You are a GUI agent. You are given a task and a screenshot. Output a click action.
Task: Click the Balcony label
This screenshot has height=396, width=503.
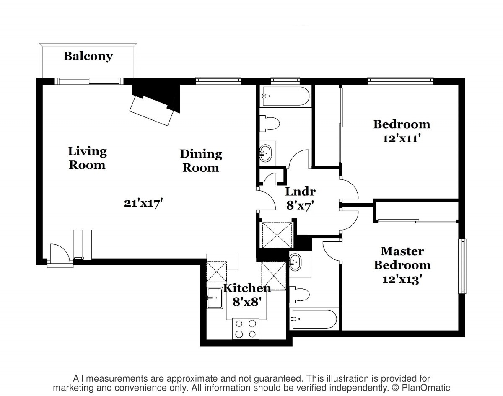click(88, 57)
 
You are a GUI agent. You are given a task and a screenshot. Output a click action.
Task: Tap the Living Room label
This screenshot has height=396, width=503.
click(87, 158)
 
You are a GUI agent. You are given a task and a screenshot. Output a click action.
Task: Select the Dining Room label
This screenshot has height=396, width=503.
click(201, 161)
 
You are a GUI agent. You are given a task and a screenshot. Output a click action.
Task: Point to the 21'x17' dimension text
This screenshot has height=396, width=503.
click(143, 203)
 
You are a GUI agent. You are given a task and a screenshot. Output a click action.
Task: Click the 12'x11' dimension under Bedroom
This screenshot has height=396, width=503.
click(402, 138)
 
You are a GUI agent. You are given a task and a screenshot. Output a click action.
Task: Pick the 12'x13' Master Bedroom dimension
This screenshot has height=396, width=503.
click(402, 279)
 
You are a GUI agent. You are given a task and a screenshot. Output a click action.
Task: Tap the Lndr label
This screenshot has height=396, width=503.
click(301, 192)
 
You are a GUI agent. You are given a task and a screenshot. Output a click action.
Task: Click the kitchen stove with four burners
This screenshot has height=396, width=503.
click(246, 329)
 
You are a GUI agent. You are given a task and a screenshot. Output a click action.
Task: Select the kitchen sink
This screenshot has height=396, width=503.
click(215, 298)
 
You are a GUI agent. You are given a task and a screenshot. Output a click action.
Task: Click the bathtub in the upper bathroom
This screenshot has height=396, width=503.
click(286, 96)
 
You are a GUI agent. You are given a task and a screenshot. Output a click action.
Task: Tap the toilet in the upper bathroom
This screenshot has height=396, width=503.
click(270, 124)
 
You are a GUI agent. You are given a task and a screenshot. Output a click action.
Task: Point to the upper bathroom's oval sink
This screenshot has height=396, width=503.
click(266, 153)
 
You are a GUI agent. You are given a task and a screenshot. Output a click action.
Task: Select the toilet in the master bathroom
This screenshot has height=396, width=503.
click(300, 294)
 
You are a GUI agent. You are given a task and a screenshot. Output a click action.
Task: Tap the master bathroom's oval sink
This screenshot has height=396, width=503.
click(296, 262)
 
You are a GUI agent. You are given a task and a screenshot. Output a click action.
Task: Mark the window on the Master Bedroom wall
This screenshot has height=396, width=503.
click(462, 266)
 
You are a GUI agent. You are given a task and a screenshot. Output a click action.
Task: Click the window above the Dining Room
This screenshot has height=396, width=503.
click(218, 80)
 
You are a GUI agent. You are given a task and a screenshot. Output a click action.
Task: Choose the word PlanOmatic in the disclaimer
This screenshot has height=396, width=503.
click(426, 388)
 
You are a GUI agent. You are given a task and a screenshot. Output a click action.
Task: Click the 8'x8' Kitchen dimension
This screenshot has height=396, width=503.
click(246, 302)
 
